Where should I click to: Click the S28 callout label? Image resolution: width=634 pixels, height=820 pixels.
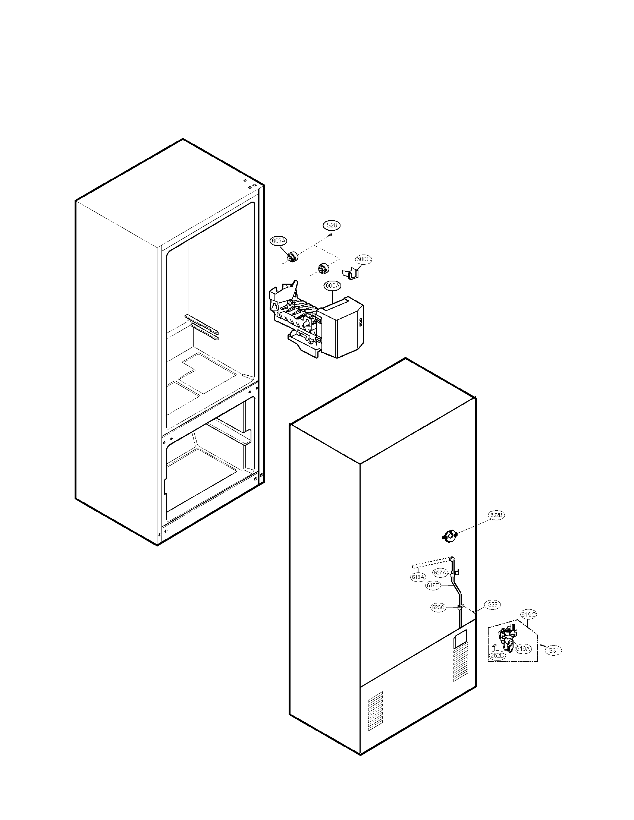332,225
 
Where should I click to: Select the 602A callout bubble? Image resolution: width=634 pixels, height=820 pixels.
278,241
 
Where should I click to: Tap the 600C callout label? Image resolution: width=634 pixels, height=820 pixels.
363,259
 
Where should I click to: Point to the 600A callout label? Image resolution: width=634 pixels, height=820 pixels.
333,286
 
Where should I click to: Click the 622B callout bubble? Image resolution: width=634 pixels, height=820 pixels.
496,515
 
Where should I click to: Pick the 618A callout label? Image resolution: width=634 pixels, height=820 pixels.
418,577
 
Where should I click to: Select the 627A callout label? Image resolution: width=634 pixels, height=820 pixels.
440,573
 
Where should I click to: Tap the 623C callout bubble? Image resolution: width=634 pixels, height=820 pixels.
438,607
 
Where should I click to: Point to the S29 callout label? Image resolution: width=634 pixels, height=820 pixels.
492,605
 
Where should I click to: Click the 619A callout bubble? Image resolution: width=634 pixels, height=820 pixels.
523,649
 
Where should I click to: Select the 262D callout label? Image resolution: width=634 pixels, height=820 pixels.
497,655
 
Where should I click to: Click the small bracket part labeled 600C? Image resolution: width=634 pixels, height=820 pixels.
350,274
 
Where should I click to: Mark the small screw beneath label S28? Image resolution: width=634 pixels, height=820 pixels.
330,234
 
